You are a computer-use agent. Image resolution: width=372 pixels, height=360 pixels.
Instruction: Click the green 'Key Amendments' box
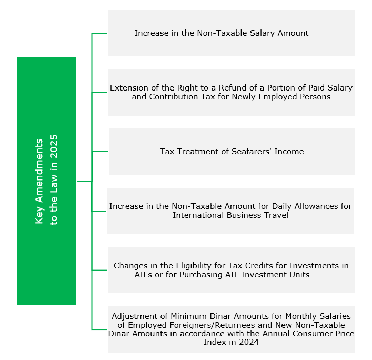pyautogui.click(x=46, y=181)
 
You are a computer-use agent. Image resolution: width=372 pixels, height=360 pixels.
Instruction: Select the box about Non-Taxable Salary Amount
pyautogui.click(x=231, y=33)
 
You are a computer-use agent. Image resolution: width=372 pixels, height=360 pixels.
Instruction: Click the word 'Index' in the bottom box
pyautogui.click(x=215, y=342)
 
